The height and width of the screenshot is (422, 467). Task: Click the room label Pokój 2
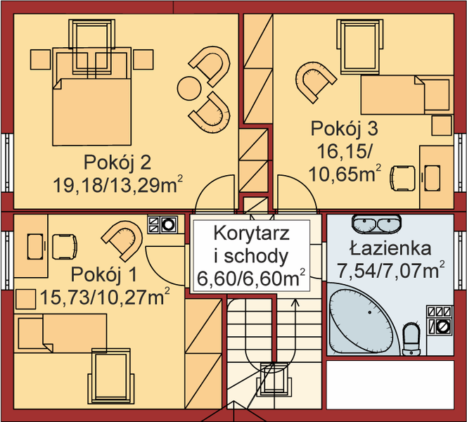[x=117, y=162]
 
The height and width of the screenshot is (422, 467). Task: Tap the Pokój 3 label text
[x=345, y=129]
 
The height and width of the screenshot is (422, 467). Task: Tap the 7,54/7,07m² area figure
[x=392, y=269]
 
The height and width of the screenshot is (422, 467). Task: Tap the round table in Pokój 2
[x=189, y=89]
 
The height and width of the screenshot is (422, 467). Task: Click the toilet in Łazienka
[x=411, y=338]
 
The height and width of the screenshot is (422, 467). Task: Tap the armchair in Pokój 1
[x=124, y=237]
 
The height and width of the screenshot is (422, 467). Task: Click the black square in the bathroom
[x=440, y=320]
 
